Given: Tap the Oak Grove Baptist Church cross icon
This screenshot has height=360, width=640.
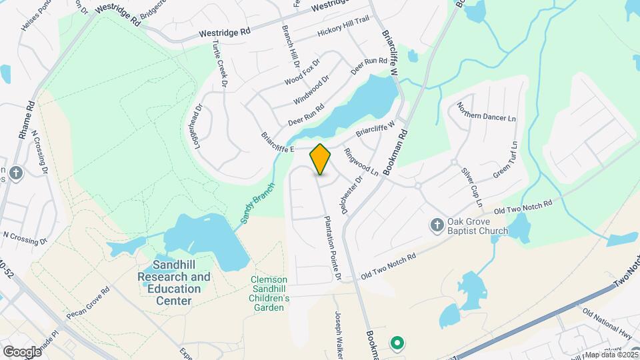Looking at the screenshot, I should coord(437,225).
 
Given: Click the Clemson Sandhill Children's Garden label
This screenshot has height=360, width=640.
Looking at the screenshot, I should coord(270,293).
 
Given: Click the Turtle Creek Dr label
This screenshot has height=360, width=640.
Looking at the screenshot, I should coord(220,64).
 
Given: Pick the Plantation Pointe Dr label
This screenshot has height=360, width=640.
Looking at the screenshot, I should coord(332,247).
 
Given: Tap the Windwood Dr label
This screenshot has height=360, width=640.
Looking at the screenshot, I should coord(311,90).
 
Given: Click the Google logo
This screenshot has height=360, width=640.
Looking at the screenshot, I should coord(22,351).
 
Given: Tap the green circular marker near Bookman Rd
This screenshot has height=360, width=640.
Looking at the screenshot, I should coord(397,343).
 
